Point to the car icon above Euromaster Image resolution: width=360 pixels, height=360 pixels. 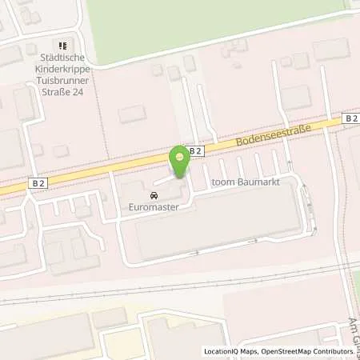coord(151,195)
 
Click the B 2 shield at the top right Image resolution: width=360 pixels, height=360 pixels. coord(351,118)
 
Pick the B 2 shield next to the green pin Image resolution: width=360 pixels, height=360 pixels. coord(194,150)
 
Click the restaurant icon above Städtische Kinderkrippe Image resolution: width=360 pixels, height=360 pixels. coord(64,45)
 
